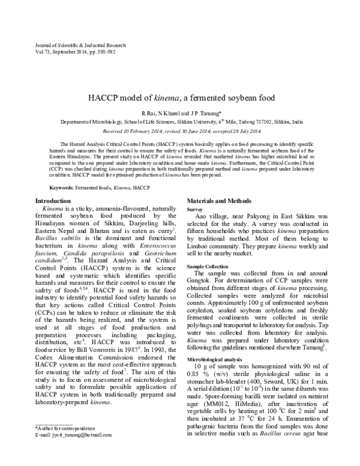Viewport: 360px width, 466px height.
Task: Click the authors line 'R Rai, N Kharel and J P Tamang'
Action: click(x=179, y=113)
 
